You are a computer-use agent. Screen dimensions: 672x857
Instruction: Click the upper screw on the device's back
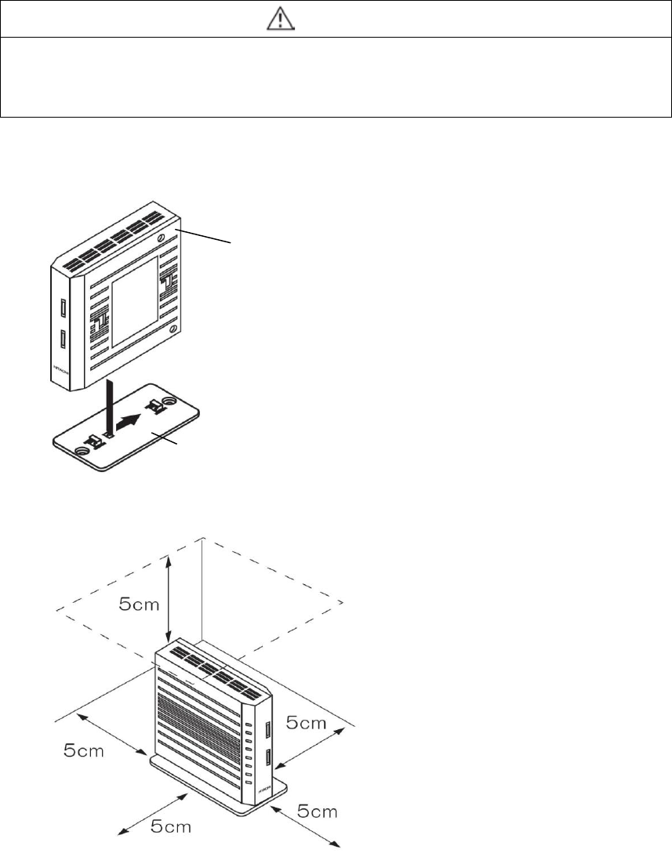point(160,238)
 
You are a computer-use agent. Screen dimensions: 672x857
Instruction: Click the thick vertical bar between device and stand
point(111,406)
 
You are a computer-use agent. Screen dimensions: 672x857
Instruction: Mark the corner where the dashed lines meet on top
point(204,538)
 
